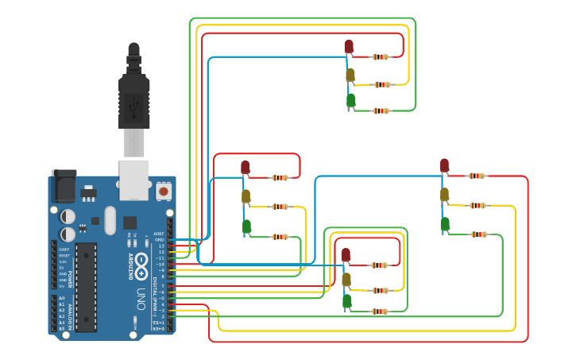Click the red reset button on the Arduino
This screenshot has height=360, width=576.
pos(163,191)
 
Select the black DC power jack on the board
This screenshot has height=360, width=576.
pos(64,188)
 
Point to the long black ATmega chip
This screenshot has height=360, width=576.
pos(86,286)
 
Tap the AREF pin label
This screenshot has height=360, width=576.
pos(160,234)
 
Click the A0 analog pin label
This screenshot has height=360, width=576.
pos(62,298)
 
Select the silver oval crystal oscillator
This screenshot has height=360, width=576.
pos(110,220)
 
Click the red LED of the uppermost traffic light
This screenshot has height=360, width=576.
pos(349,46)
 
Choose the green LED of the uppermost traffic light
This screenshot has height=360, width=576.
pos(350,100)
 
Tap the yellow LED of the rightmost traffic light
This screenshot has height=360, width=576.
pos(444,194)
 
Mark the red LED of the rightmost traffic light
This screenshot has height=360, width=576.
pos(444,165)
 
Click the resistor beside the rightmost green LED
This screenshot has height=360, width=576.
pos(478,234)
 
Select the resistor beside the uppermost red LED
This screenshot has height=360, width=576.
pos(381,56)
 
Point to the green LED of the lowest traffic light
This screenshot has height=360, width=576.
pos(347,301)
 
